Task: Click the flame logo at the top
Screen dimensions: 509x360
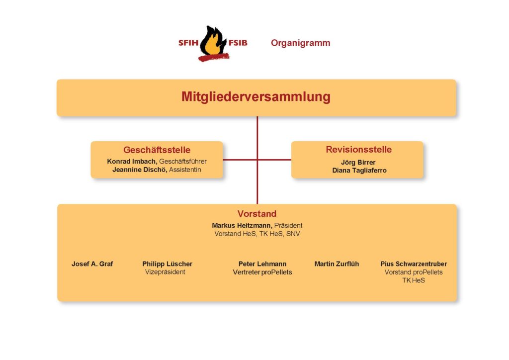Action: point(214,43)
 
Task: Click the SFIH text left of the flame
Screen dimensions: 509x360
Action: point(188,43)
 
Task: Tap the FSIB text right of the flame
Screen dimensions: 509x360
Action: point(238,43)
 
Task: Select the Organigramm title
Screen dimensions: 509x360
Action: point(301,43)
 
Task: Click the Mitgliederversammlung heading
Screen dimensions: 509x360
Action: point(256,97)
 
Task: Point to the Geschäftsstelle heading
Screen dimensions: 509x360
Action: point(157,150)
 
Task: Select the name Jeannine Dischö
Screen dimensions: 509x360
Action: point(140,170)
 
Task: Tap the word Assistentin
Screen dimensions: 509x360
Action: point(185,170)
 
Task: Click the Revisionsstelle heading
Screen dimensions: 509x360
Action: point(359,149)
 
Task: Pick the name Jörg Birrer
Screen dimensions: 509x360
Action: point(358,162)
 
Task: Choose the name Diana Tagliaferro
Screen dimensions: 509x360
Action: point(359,171)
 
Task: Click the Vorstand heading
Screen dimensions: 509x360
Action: point(257,214)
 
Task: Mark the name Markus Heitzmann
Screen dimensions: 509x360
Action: point(242,225)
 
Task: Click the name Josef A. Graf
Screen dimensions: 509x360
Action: point(92,264)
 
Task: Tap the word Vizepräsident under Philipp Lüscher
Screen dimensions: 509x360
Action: point(165,272)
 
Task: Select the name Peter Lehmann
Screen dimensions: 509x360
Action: point(262,264)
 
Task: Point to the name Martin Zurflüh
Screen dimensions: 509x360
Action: point(337,264)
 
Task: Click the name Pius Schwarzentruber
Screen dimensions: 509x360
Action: point(414,264)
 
